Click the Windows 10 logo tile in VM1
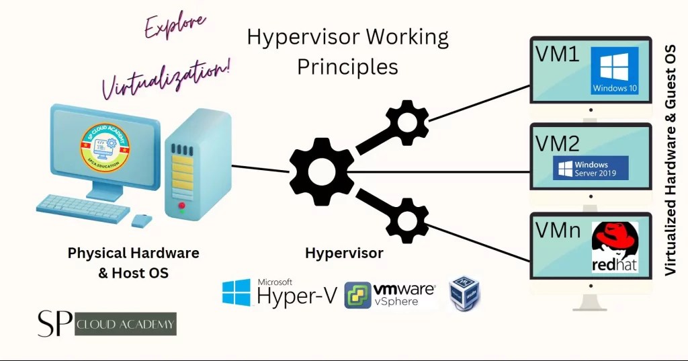tap(615, 74)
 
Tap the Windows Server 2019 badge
tap(591, 168)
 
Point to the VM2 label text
tap(558, 143)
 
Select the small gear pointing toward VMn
tap(406, 219)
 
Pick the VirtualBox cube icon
tap(465, 293)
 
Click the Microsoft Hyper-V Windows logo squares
tap(236, 293)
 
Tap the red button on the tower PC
tap(181, 205)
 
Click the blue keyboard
tap(84, 208)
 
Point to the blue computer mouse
tap(142, 220)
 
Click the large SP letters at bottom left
tap(54, 323)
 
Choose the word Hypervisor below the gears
tap(344, 253)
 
